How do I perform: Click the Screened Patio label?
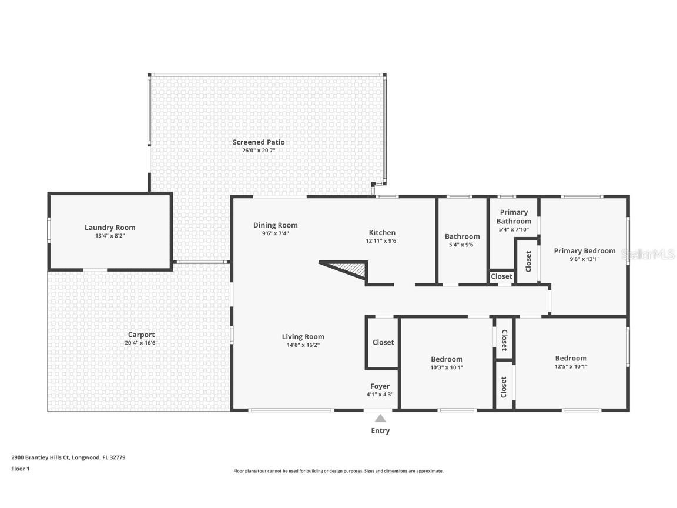[259, 142]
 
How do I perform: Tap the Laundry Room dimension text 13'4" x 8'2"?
[110, 236]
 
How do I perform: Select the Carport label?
[141, 335]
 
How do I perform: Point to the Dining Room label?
[275, 225]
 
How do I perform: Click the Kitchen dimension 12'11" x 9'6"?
[382, 240]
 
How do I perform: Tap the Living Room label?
[303, 337]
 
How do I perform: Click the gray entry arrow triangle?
[380, 419]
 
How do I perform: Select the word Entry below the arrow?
[380, 431]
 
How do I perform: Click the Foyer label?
[380, 386]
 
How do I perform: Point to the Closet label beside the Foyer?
[383, 342]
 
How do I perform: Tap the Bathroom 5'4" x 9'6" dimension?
[462, 245]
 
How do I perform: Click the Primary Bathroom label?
[514, 217]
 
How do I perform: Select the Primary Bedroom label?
[584, 251]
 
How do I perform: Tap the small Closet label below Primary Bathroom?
[501, 276]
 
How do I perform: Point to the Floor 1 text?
[20, 469]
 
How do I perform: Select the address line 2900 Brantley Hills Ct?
[68, 457]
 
